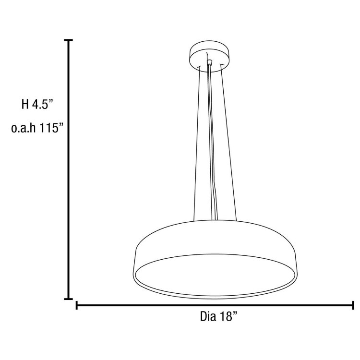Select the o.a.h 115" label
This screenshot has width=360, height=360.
(37, 129)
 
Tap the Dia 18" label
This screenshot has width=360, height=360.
(218, 317)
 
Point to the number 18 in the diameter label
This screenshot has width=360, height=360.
(227, 317)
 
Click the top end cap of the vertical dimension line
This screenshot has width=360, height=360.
(69, 41)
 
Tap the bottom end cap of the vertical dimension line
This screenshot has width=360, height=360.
(69, 299)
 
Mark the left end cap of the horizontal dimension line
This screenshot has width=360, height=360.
(77, 305)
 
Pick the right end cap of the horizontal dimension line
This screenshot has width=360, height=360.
(353, 305)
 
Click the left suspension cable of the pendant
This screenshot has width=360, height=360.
(196, 144)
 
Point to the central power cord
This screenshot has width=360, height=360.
(212, 144)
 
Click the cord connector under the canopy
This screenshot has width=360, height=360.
(209, 63)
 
